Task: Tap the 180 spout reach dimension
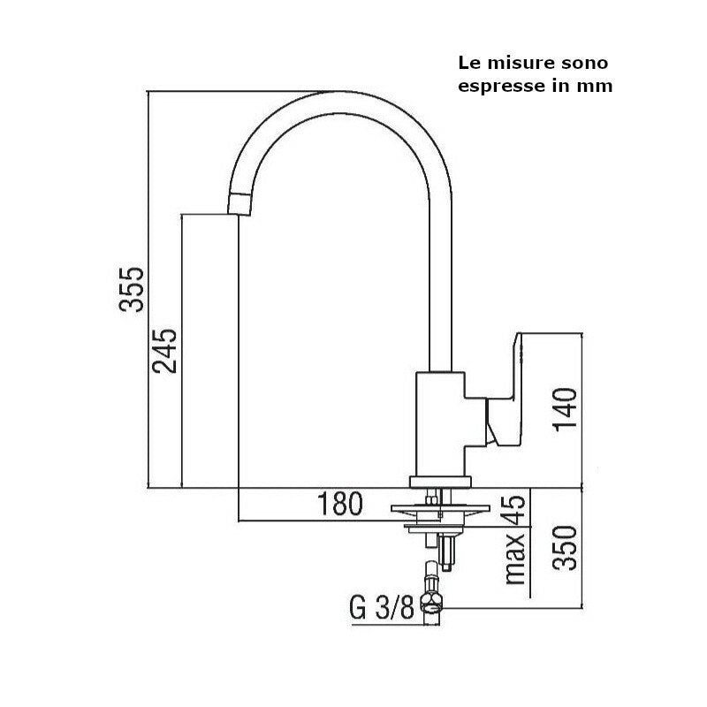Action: point(341,505)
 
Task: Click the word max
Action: point(515,560)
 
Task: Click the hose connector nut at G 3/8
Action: point(432,604)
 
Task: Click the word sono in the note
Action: point(581,64)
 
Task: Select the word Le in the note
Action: point(468,64)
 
